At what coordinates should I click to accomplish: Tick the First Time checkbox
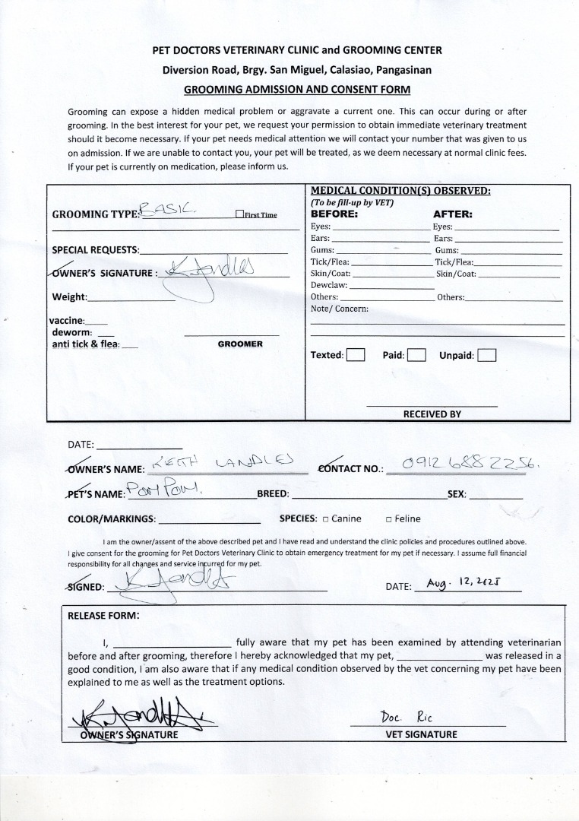click(240, 214)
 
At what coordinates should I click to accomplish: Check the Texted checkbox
click(356, 355)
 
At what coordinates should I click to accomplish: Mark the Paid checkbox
click(416, 355)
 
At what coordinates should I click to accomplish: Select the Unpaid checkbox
click(487, 355)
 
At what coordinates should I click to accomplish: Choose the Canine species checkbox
click(325, 519)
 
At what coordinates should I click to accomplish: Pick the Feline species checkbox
click(388, 519)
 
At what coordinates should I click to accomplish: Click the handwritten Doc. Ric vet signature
click(407, 718)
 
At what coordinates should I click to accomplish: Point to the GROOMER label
click(240, 344)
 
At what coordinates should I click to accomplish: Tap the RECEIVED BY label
click(432, 414)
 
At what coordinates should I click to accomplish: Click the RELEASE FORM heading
click(103, 616)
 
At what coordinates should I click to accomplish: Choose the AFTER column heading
click(452, 214)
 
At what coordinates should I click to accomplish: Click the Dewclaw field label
click(329, 285)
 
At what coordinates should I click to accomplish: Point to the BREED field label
click(273, 494)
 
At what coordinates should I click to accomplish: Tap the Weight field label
click(69, 296)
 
